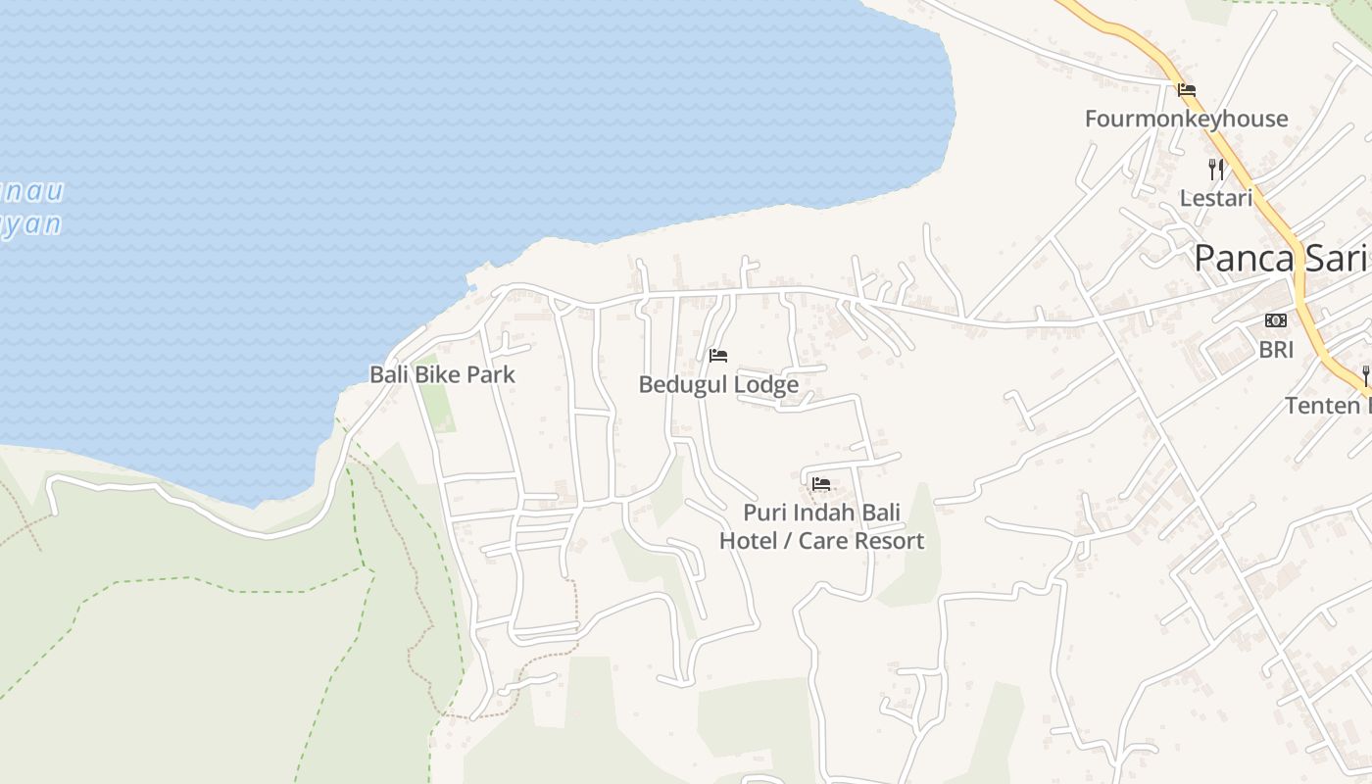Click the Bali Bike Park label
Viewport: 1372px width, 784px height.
tap(442, 374)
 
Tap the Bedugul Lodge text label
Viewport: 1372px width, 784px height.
tap(718, 385)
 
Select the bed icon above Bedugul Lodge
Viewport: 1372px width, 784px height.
tap(718, 356)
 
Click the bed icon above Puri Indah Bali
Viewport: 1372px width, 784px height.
tap(821, 484)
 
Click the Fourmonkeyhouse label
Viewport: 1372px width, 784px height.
tap(1186, 120)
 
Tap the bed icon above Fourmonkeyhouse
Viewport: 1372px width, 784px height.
tap(1187, 90)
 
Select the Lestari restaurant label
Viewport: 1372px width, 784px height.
tap(1216, 198)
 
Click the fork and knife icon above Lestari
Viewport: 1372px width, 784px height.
tap(1216, 170)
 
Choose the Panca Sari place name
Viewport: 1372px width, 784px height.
tap(1280, 259)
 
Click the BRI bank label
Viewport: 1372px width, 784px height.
tap(1276, 350)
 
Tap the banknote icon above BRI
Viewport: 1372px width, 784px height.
tap(1276, 320)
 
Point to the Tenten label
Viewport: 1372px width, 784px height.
tap(1328, 406)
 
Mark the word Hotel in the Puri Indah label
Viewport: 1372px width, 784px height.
tap(753, 541)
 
